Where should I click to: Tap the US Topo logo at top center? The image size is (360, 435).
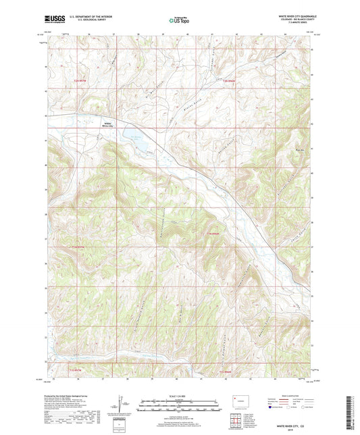(178, 21)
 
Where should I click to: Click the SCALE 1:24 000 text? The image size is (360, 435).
(180, 396)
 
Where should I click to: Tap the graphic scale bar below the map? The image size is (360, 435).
(180, 406)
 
